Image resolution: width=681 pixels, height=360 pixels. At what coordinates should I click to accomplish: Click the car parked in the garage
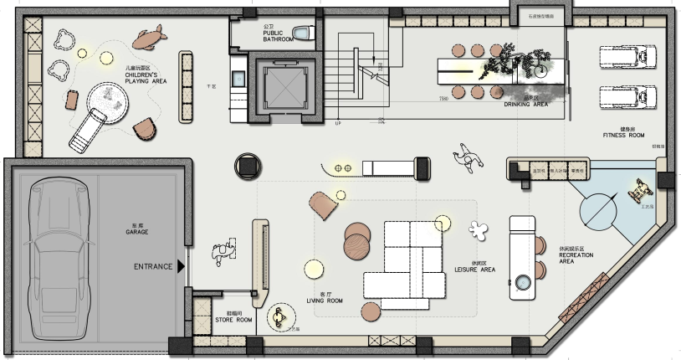56,256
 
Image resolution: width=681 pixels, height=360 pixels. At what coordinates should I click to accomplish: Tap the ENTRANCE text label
152,267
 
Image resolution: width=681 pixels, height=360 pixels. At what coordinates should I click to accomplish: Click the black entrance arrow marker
179,267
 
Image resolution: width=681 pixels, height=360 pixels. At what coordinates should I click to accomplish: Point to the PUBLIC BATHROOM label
279,35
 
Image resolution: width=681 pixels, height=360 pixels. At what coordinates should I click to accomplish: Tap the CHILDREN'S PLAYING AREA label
146,78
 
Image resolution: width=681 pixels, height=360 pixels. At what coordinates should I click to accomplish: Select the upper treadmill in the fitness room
626,58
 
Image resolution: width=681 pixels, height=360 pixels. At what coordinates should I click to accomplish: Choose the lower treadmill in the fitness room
626,96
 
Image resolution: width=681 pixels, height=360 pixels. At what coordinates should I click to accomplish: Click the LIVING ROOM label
320,300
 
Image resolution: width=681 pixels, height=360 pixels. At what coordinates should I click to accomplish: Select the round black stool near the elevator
248,167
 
